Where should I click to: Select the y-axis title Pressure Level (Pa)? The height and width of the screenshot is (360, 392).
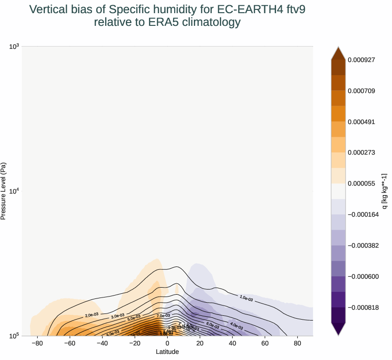click(x=4, y=191)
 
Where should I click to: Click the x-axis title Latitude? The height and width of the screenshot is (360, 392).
click(x=167, y=352)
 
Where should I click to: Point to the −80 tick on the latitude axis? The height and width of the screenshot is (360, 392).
click(x=37, y=344)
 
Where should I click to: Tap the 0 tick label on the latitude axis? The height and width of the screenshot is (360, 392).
click(x=167, y=344)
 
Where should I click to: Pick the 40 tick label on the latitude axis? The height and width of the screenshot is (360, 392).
click(x=232, y=344)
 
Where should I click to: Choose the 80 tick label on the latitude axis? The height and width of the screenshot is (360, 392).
click(x=297, y=344)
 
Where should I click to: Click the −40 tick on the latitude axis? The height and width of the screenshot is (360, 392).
click(x=102, y=344)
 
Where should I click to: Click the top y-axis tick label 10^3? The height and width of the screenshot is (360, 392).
click(x=14, y=46)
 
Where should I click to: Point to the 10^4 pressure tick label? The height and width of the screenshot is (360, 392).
click(x=14, y=191)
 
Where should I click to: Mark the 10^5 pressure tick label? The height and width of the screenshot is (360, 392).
click(x=14, y=336)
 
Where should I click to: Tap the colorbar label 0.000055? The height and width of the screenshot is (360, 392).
click(x=361, y=183)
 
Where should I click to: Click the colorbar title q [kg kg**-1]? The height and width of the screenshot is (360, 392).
click(x=384, y=191)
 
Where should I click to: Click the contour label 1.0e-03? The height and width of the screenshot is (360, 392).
click(x=246, y=298)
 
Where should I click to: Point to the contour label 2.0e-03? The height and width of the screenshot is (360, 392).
click(x=92, y=315)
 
